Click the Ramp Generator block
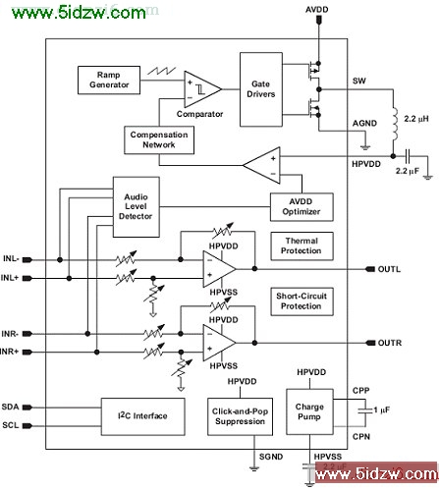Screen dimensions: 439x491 [x=109, y=81]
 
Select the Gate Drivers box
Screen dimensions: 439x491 [x=261, y=89]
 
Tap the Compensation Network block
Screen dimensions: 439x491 [x=159, y=140]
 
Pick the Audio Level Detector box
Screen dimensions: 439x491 [x=137, y=207]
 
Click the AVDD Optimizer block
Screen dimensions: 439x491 [x=302, y=207]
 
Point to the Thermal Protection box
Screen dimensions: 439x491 [x=302, y=246]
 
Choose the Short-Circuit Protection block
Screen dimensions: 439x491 [x=302, y=301]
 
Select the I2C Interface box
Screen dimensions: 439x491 [x=142, y=416]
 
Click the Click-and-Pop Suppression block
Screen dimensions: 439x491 [x=240, y=416]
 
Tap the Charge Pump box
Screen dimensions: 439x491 [x=309, y=411]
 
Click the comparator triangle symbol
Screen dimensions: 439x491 [x=202, y=89]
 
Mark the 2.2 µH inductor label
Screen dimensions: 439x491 [x=416, y=119]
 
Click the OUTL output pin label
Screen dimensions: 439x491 [x=389, y=269]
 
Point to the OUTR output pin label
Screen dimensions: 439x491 [x=390, y=343]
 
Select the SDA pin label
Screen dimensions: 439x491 [x=10, y=408]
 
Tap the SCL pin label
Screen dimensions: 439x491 [x=11, y=425]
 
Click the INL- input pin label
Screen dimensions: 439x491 [x=11, y=259]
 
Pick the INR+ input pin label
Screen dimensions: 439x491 [x=9, y=352]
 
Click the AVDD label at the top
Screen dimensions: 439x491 [x=317, y=10]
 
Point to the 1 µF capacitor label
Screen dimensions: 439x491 [x=382, y=409]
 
